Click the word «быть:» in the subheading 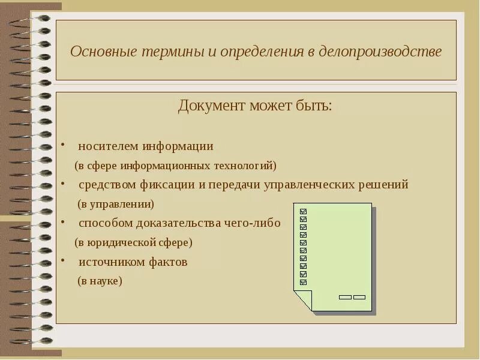pyautogui.click(x=311, y=106)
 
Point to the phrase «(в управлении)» pyautogui.click(x=116, y=204)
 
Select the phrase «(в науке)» pyautogui.click(x=100, y=281)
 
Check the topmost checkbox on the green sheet pyautogui.click(x=303, y=212)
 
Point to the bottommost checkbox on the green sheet pyautogui.click(x=303, y=282)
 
